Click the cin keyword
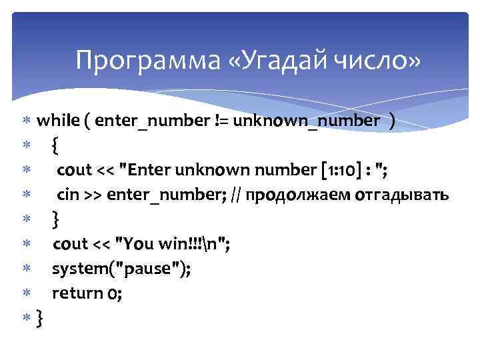pos(67,195)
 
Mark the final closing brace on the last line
pos(41,318)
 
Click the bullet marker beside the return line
pos(26,293)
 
